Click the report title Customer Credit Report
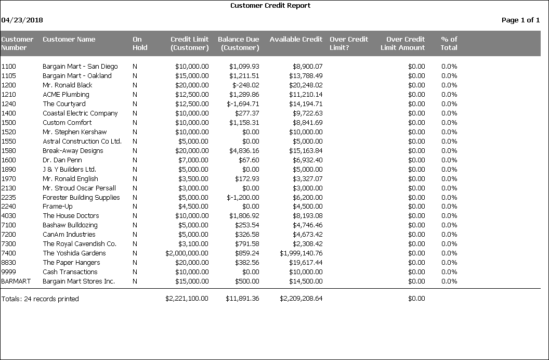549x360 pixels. point(270,6)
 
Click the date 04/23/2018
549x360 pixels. point(22,20)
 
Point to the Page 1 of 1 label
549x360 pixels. point(520,20)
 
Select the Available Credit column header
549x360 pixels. point(296,40)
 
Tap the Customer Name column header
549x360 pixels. point(69,40)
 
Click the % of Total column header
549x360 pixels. point(449,43)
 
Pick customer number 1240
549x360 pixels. point(9,104)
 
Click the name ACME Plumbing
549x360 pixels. point(66,95)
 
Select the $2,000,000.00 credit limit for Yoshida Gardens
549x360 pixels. point(187,253)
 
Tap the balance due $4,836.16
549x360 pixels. point(244,151)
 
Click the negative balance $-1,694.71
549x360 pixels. point(243,104)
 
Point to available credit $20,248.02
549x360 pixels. point(301,85)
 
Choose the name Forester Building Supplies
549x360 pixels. point(81,198)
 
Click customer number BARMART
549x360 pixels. point(16,281)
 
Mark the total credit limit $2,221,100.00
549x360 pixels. point(187,299)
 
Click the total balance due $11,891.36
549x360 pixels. point(242,299)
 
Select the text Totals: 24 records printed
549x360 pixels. point(40,299)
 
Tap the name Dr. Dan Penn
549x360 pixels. point(62,160)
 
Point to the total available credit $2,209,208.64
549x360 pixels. point(301,299)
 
